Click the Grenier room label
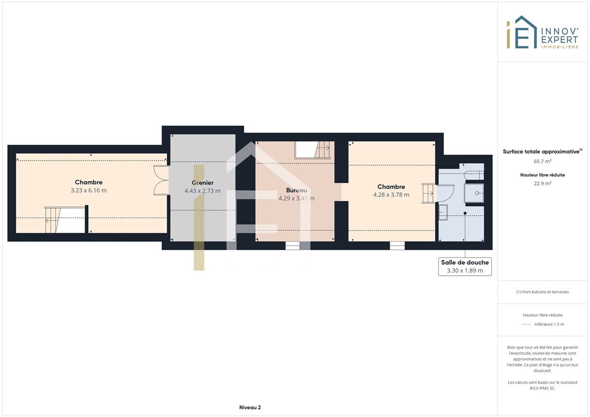coord(202,183)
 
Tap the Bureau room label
coord(296,190)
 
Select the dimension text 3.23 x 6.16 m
coord(89,190)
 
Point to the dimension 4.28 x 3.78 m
coord(391,195)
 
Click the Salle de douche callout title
coord(465,263)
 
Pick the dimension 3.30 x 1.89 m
coord(465,271)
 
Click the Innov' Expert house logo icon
coord(522,32)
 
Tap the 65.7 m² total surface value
coord(543,161)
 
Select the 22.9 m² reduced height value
coord(543,183)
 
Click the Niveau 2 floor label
coord(250,407)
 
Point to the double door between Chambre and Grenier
coord(161,180)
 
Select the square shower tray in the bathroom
coord(474,193)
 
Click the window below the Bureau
coord(293,246)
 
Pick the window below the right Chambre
coord(397,246)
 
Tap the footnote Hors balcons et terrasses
coord(543,292)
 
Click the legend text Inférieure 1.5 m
coord(549,324)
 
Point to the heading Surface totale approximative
coord(541,152)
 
